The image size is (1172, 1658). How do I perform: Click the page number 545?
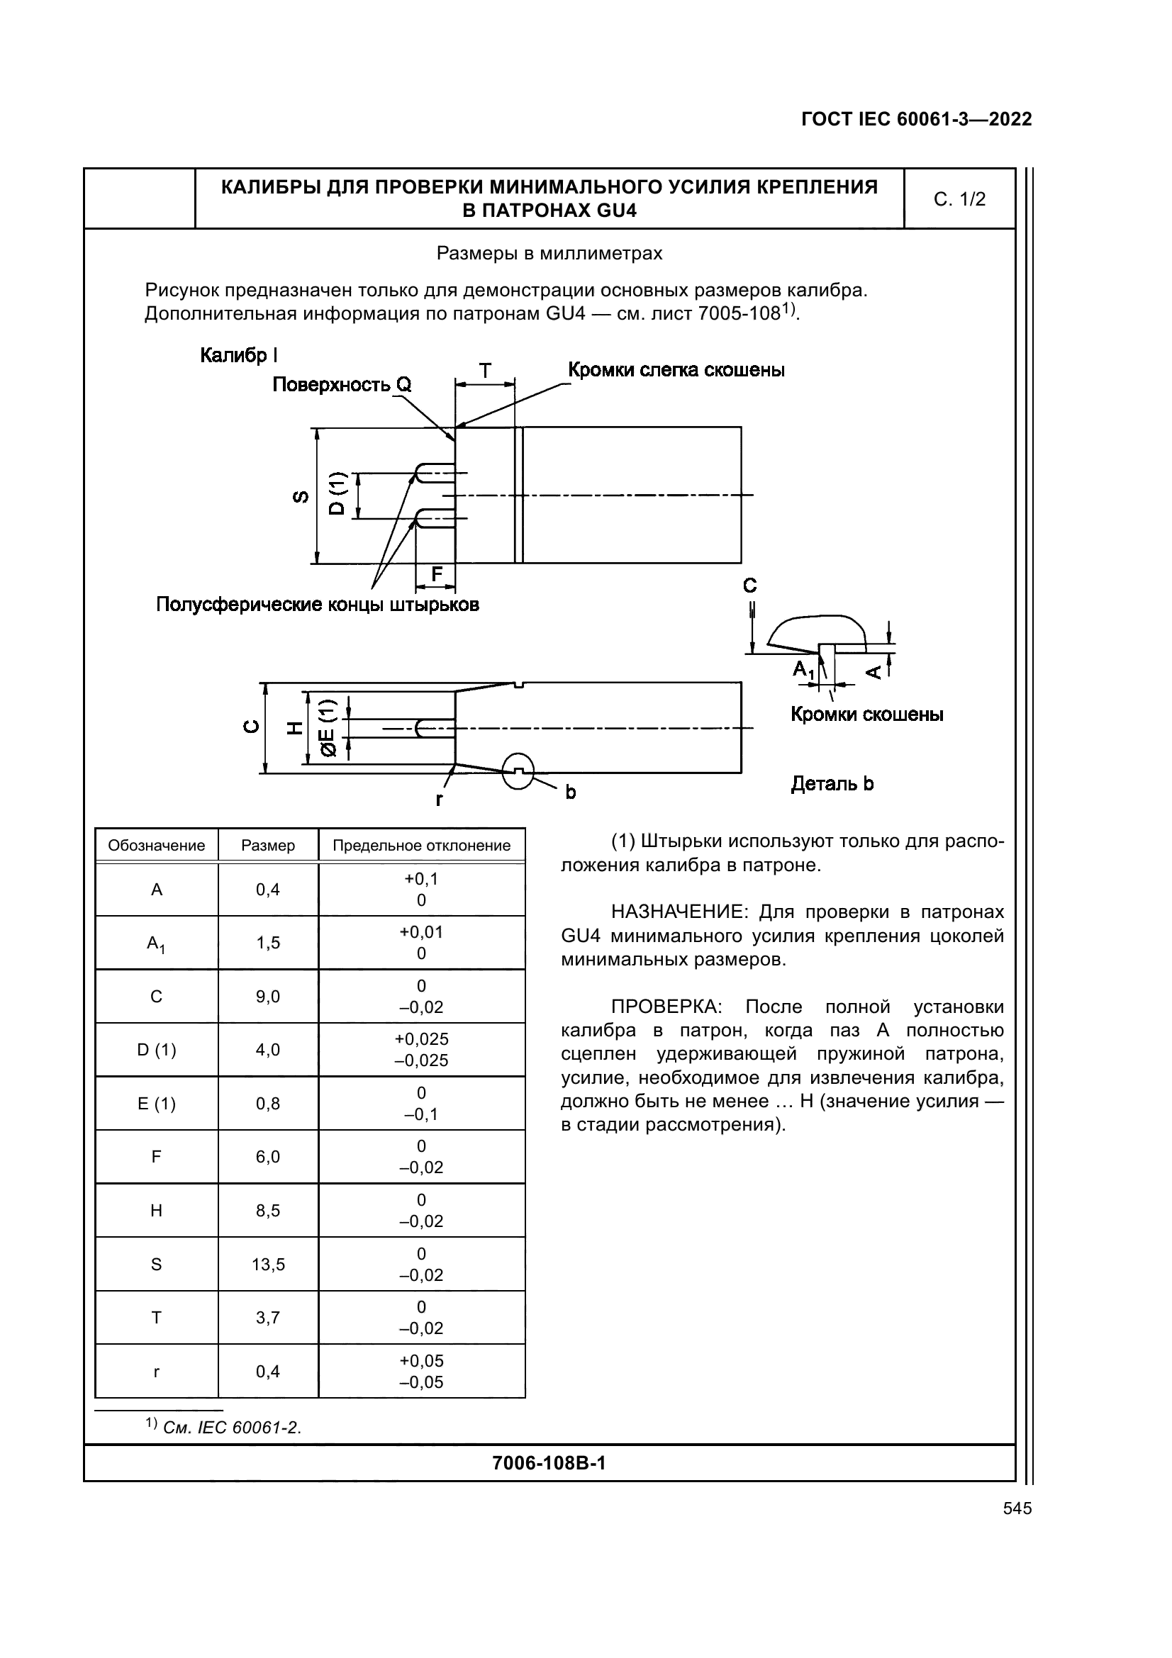pyautogui.click(x=1017, y=1508)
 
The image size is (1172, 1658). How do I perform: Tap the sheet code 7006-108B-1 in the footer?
pyautogui.click(x=548, y=1463)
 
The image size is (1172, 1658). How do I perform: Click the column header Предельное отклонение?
pyautogui.click(x=421, y=846)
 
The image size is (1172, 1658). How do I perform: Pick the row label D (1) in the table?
pyautogui.click(x=156, y=1050)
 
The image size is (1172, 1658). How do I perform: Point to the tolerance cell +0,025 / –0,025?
pyautogui.click(x=421, y=1050)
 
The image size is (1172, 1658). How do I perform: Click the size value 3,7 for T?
pyautogui.click(x=268, y=1318)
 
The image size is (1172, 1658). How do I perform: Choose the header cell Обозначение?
pyautogui.click(x=156, y=846)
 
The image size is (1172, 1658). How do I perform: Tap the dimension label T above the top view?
pyautogui.click(x=485, y=371)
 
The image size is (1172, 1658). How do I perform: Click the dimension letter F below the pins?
pyautogui.click(x=437, y=575)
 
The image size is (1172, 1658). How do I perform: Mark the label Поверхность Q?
pyautogui.click(x=342, y=385)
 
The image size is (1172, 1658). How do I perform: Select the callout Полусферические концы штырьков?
pyautogui.click(x=317, y=605)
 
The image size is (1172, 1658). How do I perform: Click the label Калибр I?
pyautogui.click(x=238, y=355)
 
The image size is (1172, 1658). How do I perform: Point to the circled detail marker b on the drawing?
pyautogui.click(x=518, y=771)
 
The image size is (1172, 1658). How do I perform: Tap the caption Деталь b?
pyautogui.click(x=832, y=784)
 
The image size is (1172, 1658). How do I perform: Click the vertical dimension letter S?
pyautogui.click(x=301, y=496)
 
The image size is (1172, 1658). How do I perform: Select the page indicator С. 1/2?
pyautogui.click(x=959, y=199)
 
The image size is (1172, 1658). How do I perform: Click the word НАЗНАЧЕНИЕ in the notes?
pyautogui.click(x=678, y=912)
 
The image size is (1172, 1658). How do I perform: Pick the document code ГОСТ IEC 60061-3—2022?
pyautogui.click(x=916, y=119)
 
